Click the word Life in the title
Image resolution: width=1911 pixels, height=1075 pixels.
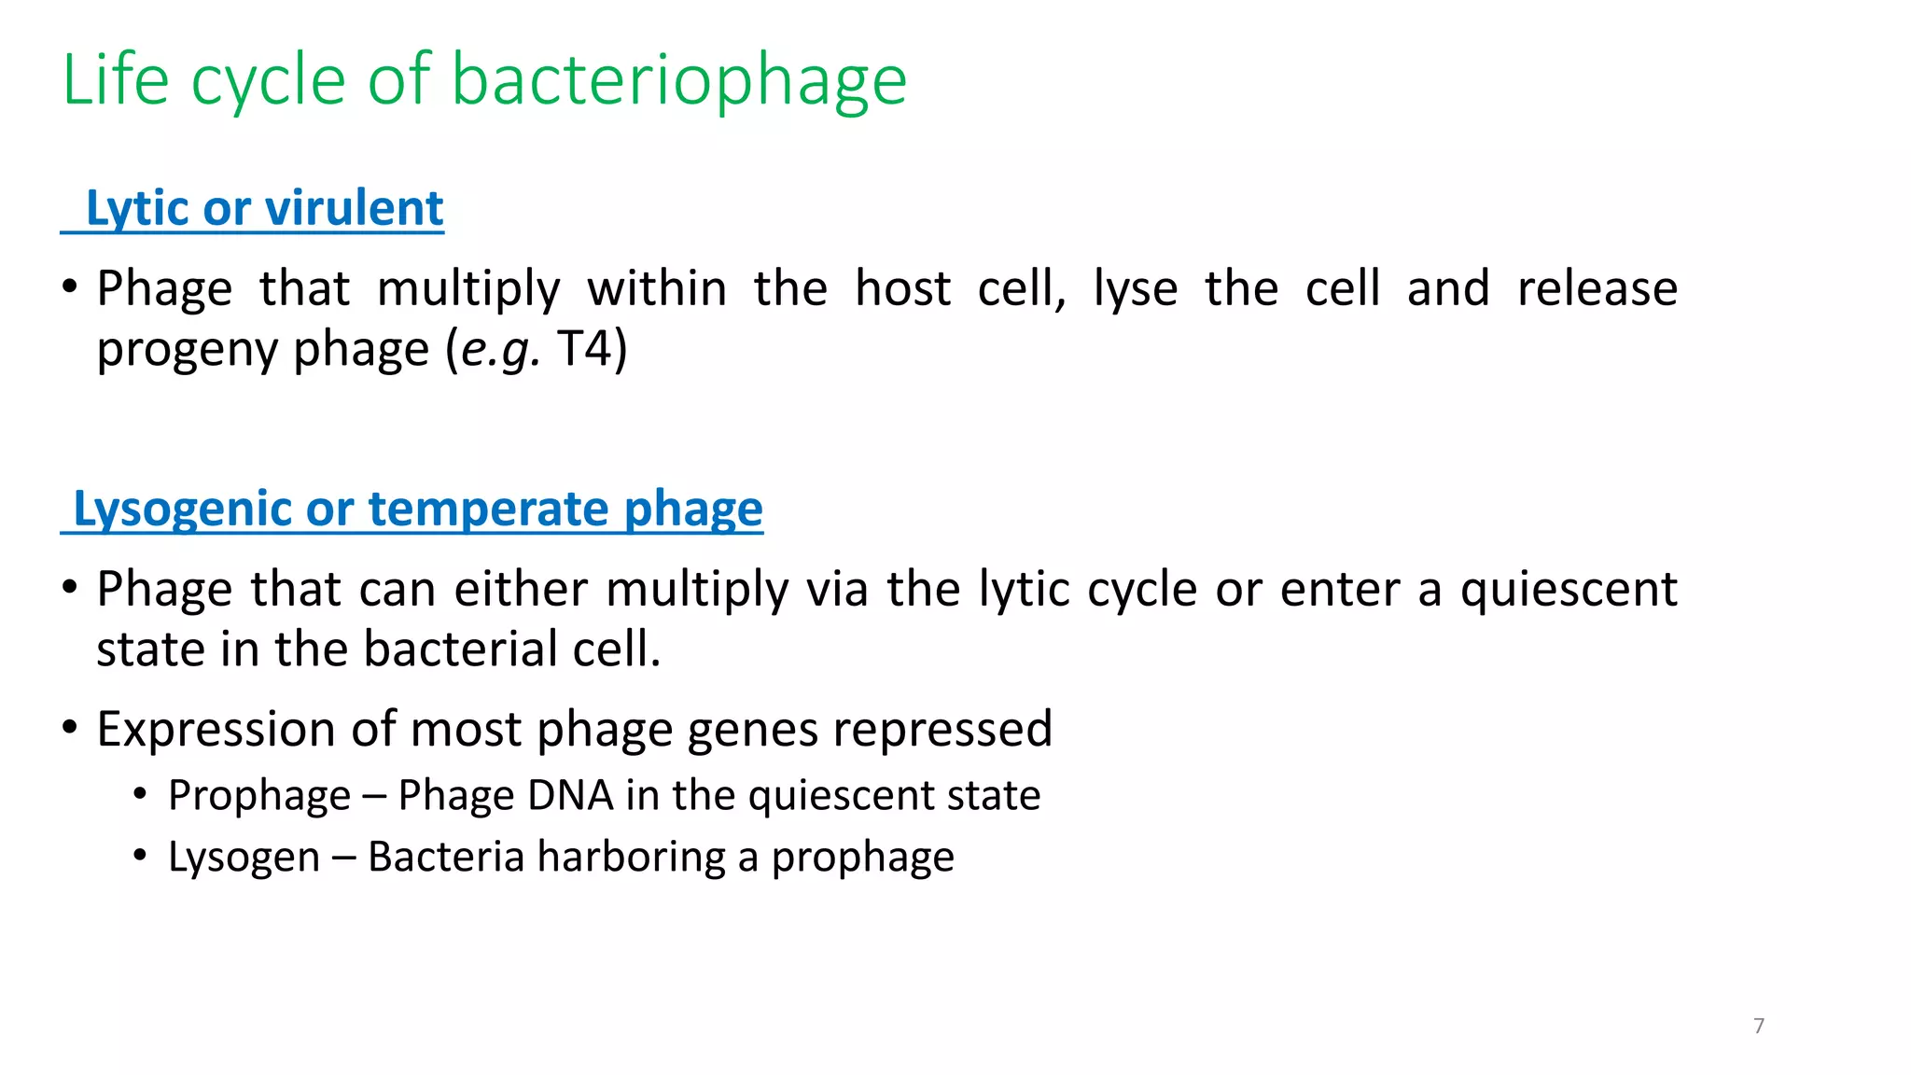coord(115,81)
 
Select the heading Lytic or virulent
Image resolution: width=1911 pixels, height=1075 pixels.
coord(263,208)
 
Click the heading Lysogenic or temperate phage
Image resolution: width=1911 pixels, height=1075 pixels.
coord(417,510)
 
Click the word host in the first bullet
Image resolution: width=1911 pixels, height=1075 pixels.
coord(902,288)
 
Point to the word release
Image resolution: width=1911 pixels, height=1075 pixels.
coord(1597,288)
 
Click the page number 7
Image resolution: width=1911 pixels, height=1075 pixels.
coord(1759,1026)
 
